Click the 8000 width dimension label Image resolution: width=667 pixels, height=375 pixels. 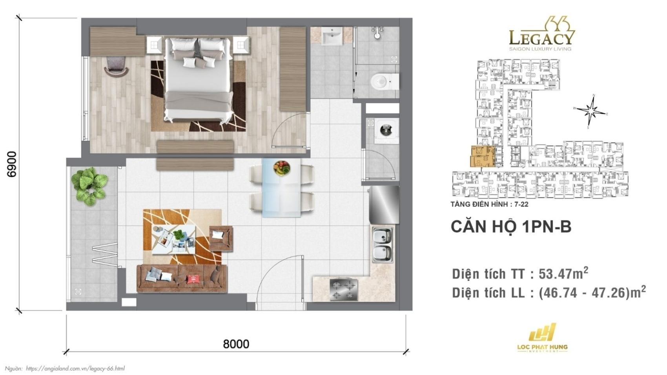coord(236,344)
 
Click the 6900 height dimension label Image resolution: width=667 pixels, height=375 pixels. coord(12,164)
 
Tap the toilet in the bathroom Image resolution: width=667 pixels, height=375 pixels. coord(382,82)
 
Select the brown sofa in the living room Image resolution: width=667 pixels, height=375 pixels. coord(182,278)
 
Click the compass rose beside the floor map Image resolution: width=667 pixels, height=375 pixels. coord(592,111)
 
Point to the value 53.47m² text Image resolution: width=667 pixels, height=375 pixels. coord(563,273)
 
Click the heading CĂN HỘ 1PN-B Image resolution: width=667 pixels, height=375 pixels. coord(511,227)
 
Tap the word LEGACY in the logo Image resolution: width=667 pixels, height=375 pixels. coord(542,38)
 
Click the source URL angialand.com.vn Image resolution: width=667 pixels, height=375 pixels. coord(75,368)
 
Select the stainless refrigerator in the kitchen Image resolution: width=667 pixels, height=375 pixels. coord(384,205)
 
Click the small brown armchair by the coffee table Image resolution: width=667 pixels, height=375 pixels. coord(221,238)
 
